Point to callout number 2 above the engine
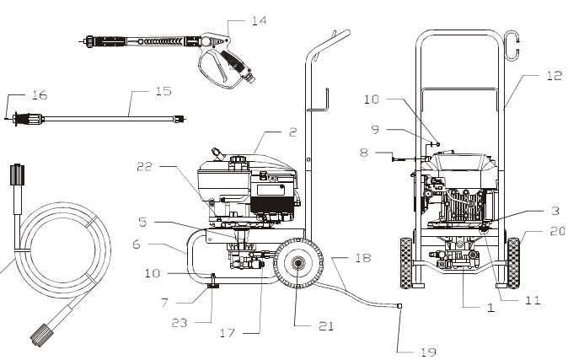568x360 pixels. [292, 132]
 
